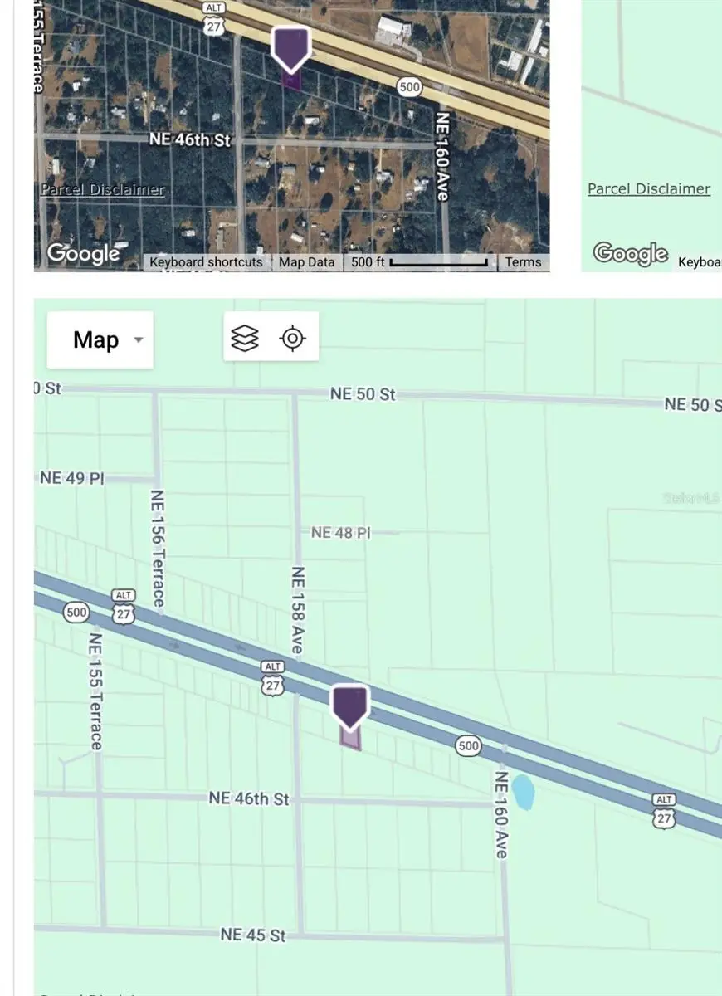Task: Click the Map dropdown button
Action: tap(100, 339)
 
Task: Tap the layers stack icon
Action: tap(245, 338)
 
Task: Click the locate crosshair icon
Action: tap(292, 338)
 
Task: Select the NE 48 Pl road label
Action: tap(340, 532)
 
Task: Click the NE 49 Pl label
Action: tap(72, 478)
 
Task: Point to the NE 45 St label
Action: tap(253, 935)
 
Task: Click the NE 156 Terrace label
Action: tap(157, 548)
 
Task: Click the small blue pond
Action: tap(523, 792)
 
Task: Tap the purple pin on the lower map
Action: tap(350, 705)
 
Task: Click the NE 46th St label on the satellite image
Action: tap(190, 139)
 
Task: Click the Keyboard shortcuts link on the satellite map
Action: tap(206, 261)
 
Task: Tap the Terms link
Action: tap(523, 261)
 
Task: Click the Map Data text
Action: tap(306, 261)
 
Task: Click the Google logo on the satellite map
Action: tap(84, 252)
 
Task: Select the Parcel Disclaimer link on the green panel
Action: tap(648, 188)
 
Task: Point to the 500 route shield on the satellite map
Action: tap(408, 86)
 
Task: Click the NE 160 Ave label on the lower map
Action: tap(501, 814)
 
